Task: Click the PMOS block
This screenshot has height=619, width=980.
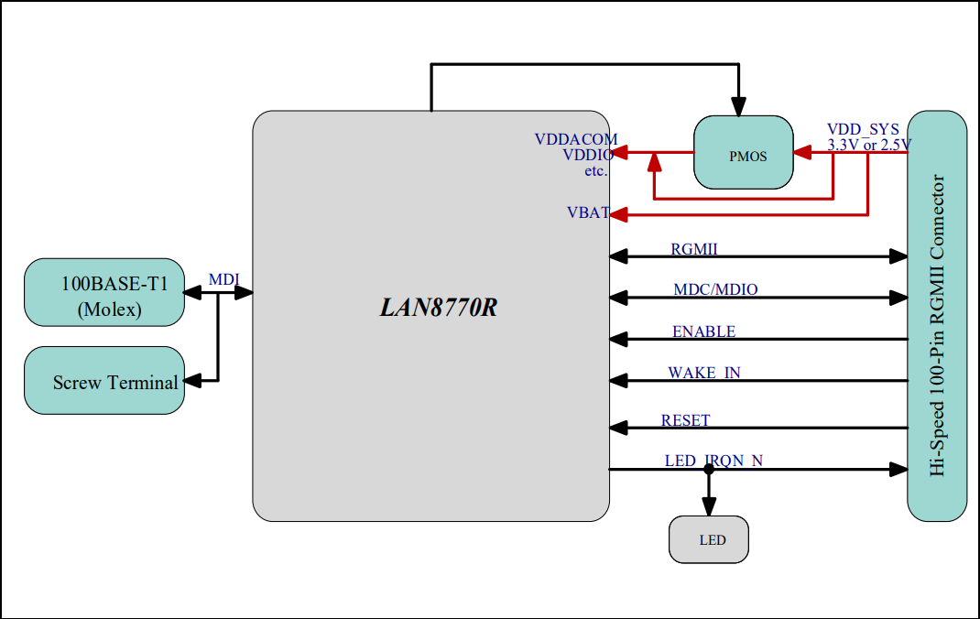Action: click(x=744, y=153)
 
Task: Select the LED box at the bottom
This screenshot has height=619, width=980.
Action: click(x=709, y=539)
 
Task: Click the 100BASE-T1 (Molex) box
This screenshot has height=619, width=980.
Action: click(x=103, y=292)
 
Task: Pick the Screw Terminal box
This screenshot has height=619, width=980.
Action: click(x=103, y=380)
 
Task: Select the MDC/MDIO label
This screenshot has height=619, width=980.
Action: click(x=715, y=289)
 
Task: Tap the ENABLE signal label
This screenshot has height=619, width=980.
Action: click(x=703, y=331)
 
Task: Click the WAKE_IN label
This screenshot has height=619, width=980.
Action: click(x=704, y=373)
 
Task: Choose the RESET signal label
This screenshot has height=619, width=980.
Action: click(x=685, y=420)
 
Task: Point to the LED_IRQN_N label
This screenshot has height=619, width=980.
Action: click(x=713, y=461)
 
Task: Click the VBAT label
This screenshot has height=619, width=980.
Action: click(x=588, y=212)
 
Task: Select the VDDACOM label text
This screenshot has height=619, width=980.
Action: click(x=576, y=139)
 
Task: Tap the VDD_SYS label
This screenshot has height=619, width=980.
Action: click(x=863, y=129)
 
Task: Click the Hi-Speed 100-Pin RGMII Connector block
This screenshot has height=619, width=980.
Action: click(x=937, y=316)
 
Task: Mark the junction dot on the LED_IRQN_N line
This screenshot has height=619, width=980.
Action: click(x=708, y=470)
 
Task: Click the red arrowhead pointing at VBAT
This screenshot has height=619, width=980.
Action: click(x=618, y=215)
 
